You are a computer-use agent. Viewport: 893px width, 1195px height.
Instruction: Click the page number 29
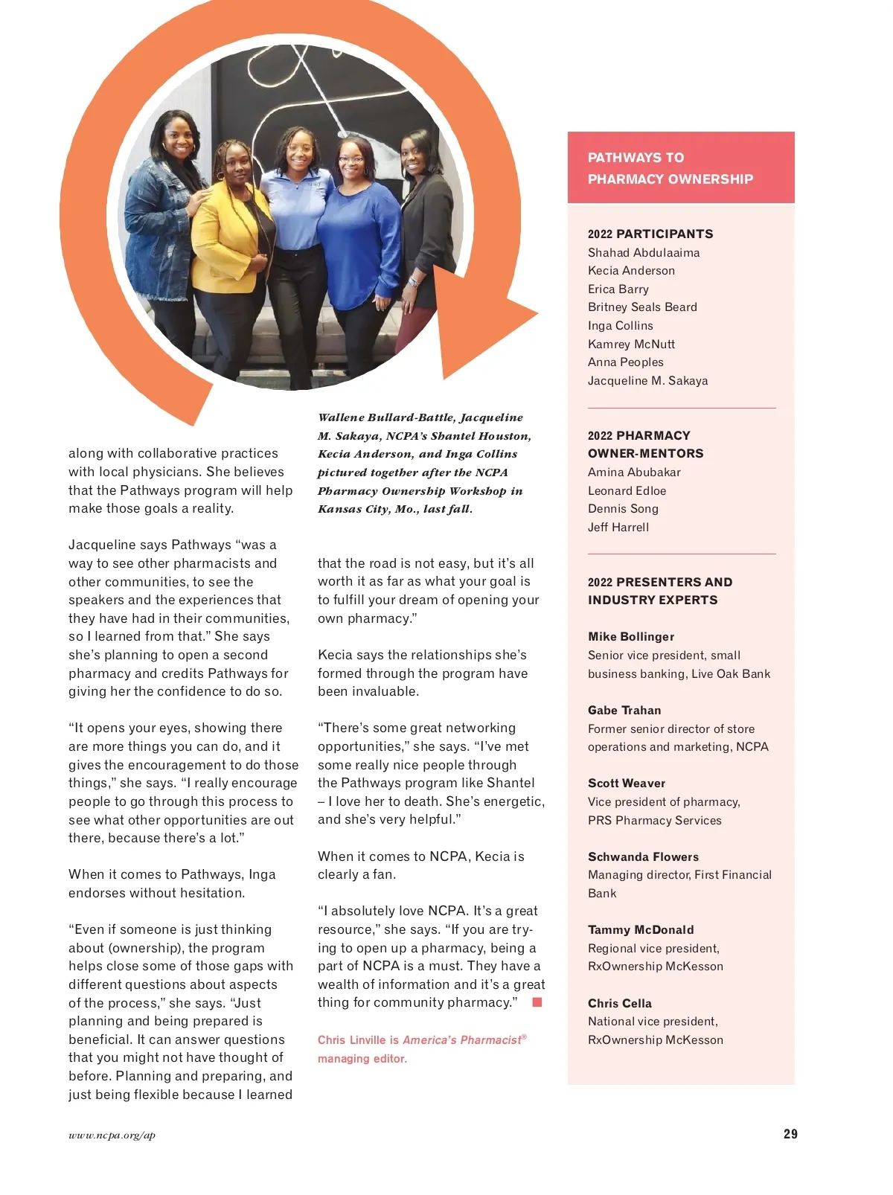(x=790, y=1134)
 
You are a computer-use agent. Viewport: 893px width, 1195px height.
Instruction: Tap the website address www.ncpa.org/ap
(x=112, y=1135)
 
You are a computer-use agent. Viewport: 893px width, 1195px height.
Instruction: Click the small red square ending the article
(x=537, y=1002)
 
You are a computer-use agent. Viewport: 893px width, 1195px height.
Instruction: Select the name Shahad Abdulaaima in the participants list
(x=644, y=252)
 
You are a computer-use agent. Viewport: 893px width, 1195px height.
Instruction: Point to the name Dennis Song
(x=623, y=508)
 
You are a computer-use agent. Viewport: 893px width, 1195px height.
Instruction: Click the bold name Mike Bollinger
(x=631, y=636)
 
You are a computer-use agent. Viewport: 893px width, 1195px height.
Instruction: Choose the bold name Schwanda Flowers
(x=643, y=856)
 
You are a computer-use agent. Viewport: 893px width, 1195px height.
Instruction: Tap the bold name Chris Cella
(x=620, y=1003)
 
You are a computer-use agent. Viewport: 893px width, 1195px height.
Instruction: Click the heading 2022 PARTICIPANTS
(x=650, y=234)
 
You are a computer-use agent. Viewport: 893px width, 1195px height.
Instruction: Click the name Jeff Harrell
(x=618, y=527)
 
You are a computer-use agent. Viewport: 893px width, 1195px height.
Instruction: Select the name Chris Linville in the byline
(x=352, y=1040)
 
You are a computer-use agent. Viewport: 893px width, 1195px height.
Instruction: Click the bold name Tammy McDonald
(x=641, y=929)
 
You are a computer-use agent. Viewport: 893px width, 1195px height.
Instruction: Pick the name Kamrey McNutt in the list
(x=631, y=344)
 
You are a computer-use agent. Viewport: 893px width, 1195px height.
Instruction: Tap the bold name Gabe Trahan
(x=624, y=710)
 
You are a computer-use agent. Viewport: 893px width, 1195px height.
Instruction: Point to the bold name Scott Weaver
(x=627, y=783)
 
